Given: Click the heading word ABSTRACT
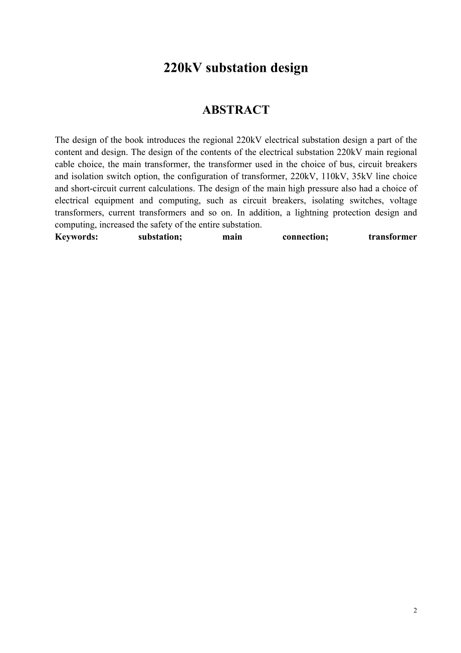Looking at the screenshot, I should coord(236,110).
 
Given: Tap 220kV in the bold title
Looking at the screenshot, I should coord(183,68).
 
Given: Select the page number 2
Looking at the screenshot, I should coord(415,610).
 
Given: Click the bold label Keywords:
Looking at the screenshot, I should coord(77,237).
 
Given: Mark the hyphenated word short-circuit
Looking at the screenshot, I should coord(94,188).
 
